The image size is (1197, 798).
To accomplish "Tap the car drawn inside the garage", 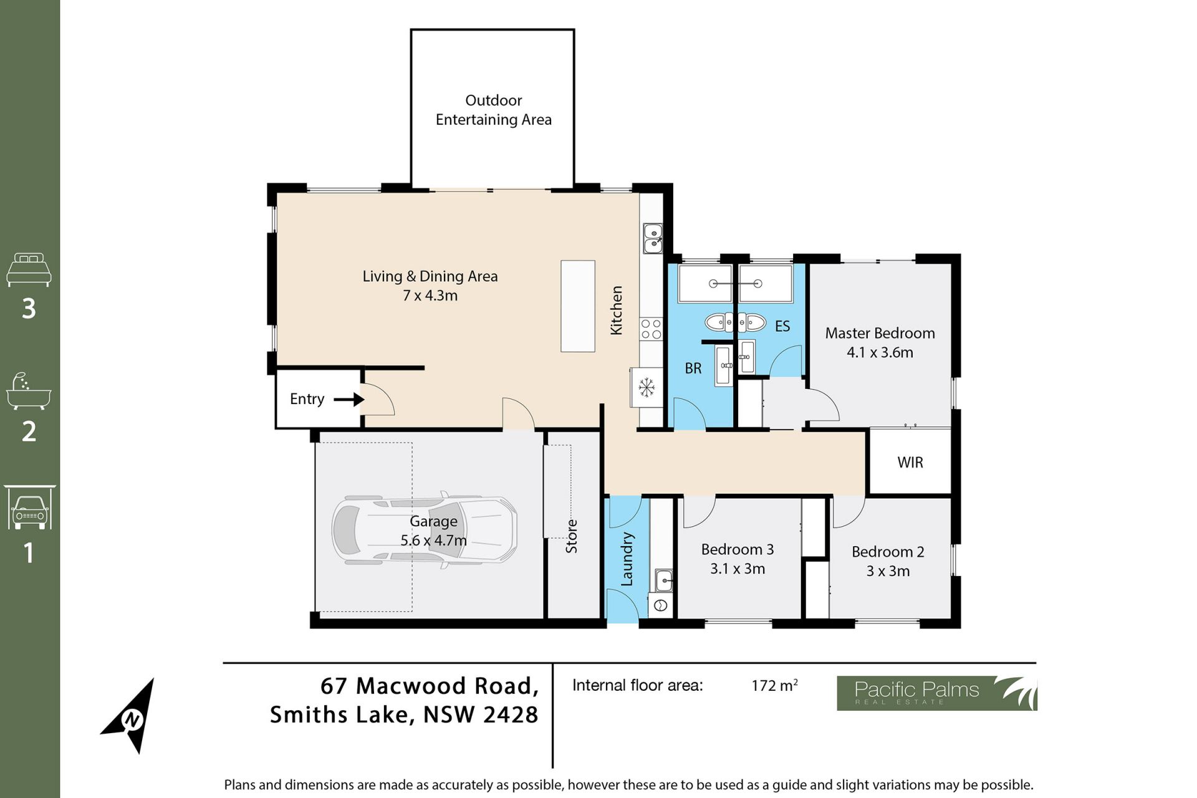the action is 424,531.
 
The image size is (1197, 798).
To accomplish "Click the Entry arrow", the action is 349,399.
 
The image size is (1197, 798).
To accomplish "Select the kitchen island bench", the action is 578,306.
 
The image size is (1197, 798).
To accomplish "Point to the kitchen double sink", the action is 653,239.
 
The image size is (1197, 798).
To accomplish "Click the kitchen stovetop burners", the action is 651,329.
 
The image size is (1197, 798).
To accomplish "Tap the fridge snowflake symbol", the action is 647,388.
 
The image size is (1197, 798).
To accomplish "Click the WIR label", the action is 910,463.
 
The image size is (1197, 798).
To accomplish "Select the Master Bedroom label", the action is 880,333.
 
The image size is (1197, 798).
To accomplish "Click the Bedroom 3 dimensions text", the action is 738,569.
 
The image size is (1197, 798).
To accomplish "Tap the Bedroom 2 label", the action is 888,552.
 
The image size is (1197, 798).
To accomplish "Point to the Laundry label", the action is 627,559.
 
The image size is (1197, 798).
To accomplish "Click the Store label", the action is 572,537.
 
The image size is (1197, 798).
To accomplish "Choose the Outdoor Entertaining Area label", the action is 494,110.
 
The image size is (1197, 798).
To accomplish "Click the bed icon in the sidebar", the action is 29,269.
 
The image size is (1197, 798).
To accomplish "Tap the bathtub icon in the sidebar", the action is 29,392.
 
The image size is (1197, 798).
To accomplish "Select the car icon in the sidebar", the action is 29,507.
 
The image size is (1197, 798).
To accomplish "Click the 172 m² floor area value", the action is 775,685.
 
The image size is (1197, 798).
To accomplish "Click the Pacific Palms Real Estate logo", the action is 936,693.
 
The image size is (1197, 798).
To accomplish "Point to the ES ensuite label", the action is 782,326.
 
